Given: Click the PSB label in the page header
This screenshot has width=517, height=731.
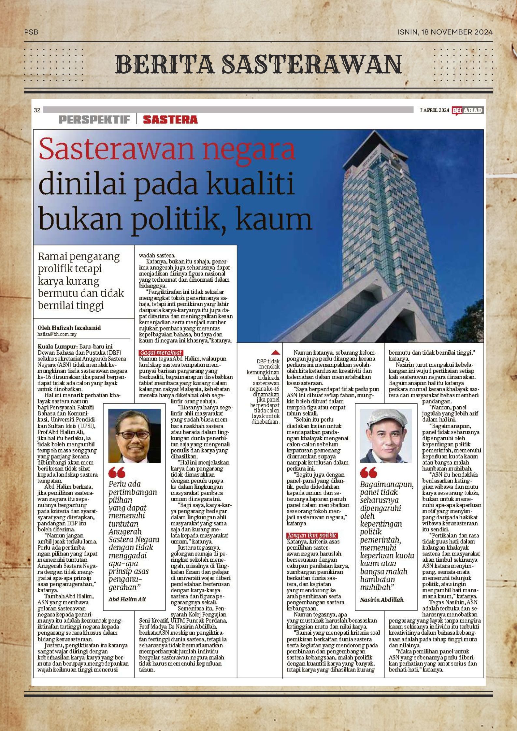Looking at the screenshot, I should [x=31, y=32].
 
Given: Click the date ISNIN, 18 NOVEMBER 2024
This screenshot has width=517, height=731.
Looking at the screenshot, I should [x=445, y=32].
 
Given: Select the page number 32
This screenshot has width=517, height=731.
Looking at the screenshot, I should [x=37, y=110].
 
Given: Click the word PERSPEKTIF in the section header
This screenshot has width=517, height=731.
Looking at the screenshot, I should [x=94, y=120].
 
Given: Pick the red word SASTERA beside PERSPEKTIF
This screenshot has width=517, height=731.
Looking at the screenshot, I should [x=170, y=120].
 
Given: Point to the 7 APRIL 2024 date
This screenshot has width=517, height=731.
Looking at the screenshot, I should [x=434, y=110].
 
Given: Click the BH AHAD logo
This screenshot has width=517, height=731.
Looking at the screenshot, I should [x=467, y=110].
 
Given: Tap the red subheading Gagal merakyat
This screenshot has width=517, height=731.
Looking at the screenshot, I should [x=160, y=353].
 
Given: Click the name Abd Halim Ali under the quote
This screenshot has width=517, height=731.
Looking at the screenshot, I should [x=127, y=599].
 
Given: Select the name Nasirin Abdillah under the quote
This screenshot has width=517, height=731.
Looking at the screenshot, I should [x=382, y=600].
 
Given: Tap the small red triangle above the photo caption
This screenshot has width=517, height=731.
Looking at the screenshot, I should [x=276, y=352].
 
